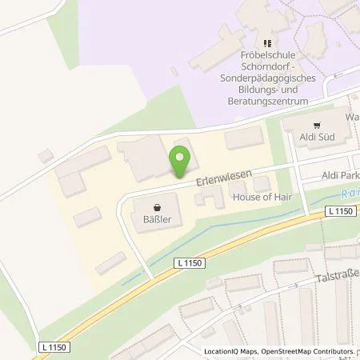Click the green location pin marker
point(178,161)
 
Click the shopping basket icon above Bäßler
point(158,205)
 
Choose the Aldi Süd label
point(318,138)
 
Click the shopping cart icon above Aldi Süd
point(318,126)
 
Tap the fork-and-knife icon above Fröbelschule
point(268,44)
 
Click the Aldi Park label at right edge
point(339,175)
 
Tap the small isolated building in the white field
point(45,156)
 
